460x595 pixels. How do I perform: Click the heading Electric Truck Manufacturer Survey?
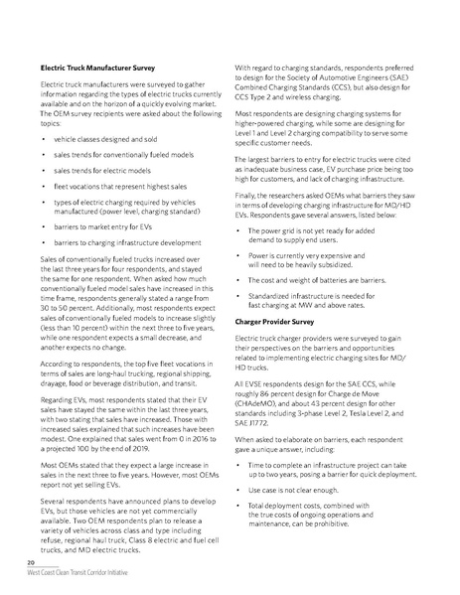click(96, 69)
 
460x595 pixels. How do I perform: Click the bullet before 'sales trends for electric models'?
click(45, 170)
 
